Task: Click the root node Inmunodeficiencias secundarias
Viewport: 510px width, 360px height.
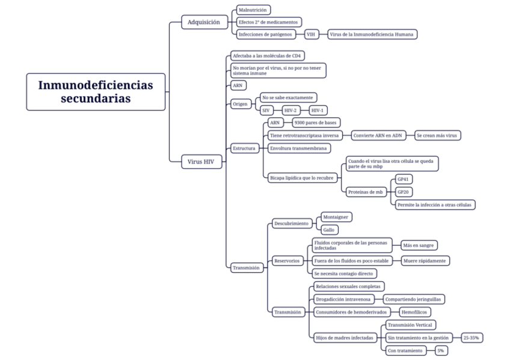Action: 96,91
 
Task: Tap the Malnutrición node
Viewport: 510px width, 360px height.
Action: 253,10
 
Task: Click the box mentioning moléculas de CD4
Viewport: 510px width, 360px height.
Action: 268,56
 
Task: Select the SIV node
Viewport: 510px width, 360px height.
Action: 265,111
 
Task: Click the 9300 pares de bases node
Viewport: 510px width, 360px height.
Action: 315,123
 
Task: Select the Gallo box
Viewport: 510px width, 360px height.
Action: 330,229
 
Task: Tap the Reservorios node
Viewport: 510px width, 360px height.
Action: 286,260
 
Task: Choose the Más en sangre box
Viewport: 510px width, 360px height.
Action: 419,245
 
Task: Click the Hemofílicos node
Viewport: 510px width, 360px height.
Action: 415,311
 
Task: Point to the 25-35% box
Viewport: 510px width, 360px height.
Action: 471,338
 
